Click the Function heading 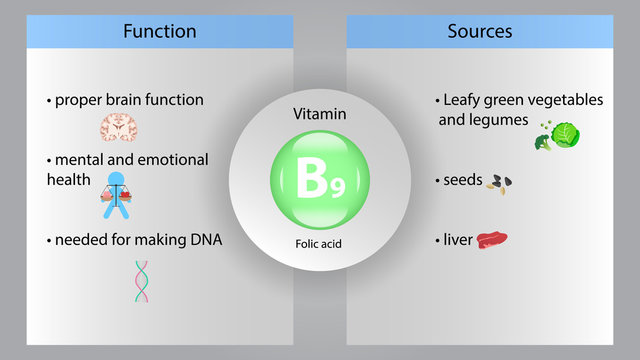159,31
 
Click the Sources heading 480,31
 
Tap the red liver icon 491,241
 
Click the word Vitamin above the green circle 320,115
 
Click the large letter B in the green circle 311,180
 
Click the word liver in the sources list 458,240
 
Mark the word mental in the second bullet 80,160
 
